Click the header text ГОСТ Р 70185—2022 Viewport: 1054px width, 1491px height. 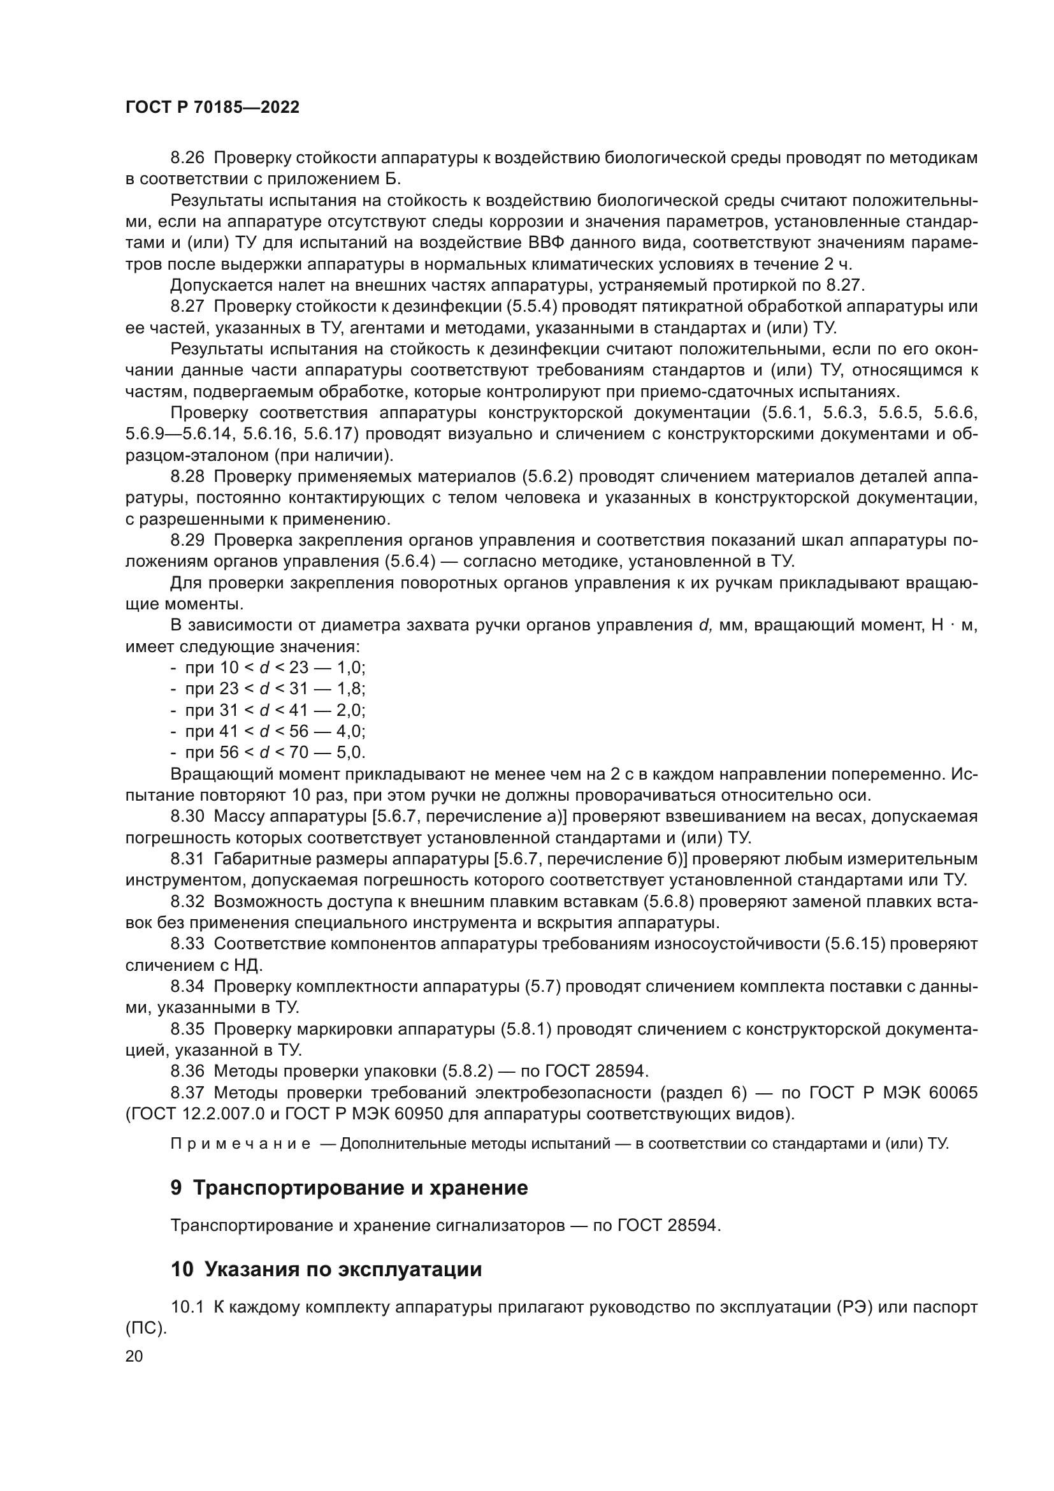pos(212,108)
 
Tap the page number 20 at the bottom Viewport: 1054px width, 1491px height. pos(134,1356)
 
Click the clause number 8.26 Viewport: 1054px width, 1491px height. pos(187,158)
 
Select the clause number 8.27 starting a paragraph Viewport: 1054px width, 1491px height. pos(187,307)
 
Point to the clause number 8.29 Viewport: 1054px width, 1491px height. pos(187,541)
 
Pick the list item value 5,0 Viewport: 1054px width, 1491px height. pos(350,753)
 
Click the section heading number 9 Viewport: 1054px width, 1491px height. pos(177,1188)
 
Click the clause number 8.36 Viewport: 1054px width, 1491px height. pos(187,1072)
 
